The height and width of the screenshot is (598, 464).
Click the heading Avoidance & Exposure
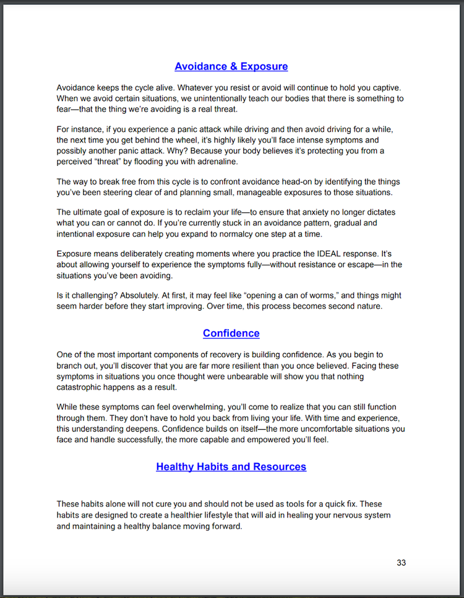[231, 66]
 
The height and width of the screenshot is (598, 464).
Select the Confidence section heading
[231, 333]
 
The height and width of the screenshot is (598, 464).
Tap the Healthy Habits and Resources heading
[231, 466]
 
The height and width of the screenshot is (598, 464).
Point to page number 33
[401, 563]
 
